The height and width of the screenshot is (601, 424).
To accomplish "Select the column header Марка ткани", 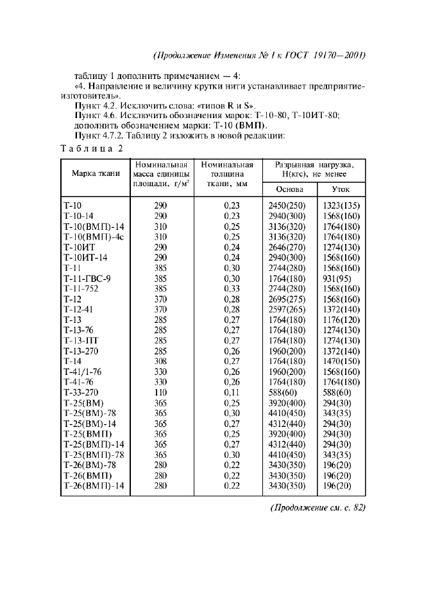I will pyautogui.click(x=96, y=173).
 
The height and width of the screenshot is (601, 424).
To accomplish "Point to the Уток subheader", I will pyautogui.click(x=340, y=189).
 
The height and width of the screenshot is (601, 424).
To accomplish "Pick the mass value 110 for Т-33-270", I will pyautogui.click(x=160, y=392).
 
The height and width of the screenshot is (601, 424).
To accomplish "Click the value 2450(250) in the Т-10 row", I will pyautogui.click(x=287, y=205).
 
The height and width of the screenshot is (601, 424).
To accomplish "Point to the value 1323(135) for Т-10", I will pyautogui.click(x=341, y=205).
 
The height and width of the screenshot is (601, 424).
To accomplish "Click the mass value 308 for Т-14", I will pyautogui.click(x=160, y=361).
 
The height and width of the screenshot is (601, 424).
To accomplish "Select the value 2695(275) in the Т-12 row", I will pyautogui.click(x=287, y=299).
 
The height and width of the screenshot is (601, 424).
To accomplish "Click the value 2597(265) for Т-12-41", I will pyautogui.click(x=287, y=309).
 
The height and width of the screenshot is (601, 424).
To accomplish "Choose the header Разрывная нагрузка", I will pyautogui.click(x=314, y=169).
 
